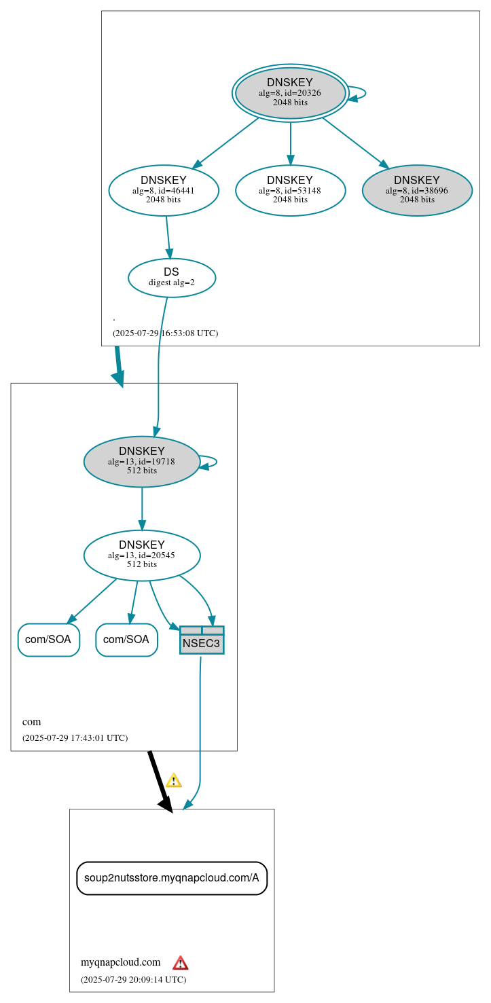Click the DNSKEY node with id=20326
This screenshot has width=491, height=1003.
pyautogui.click(x=290, y=93)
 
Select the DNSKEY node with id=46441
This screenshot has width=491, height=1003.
pyautogui.click(x=164, y=190)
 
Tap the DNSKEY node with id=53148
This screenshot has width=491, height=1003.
pyautogui.click(x=290, y=190)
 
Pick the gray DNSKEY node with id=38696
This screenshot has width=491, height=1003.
pyautogui.click(x=417, y=190)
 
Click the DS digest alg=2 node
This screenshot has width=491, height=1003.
pyautogui.click(x=172, y=277)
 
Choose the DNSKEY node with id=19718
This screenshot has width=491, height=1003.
pyautogui.click(x=142, y=461)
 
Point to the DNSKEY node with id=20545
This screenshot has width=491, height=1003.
pyautogui.click(x=142, y=555)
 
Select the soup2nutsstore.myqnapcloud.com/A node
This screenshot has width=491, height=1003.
pyautogui.click(x=172, y=878)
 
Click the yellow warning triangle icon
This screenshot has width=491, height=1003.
pyautogui.click(x=174, y=780)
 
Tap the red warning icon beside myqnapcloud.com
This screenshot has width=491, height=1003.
pyautogui.click(x=180, y=963)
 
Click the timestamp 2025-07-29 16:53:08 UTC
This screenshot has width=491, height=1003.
pyautogui.click(x=165, y=333)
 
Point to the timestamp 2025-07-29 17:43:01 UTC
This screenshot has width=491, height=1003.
pyautogui.click(x=75, y=738)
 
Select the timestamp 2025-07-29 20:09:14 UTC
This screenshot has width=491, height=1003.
pyautogui.click(x=133, y=980)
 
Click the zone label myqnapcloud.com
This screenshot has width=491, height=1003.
pyautogui.click(x=120, y=962)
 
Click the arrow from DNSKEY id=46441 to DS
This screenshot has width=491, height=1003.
pyautogui.click(x=168, y=236)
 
